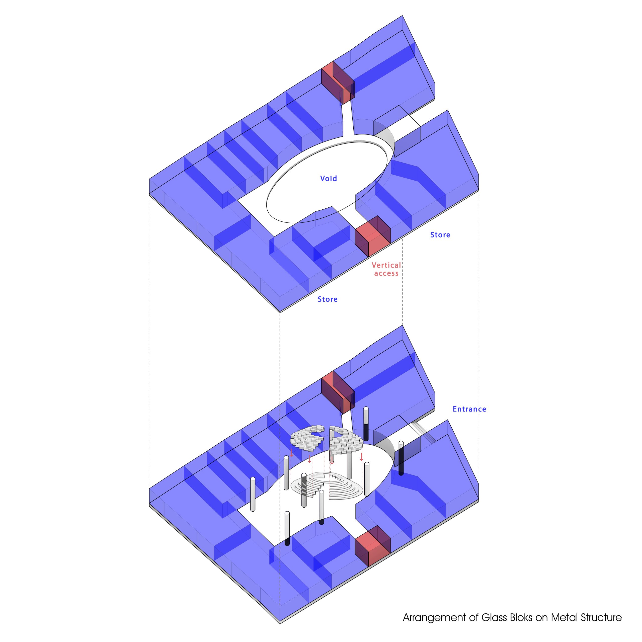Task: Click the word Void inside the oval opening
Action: coord(328,179)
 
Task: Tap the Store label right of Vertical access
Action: coord(440,235)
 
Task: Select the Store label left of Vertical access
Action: coord(327,299)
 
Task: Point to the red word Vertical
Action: coord(386,265)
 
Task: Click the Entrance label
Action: coord(469,409)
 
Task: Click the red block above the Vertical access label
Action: coord(373,236)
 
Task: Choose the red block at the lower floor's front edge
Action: coord(373,546)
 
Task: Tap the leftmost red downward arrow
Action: coord(291,453)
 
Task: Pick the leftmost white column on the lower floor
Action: coord(253,494)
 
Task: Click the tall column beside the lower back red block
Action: coord(366,424)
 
